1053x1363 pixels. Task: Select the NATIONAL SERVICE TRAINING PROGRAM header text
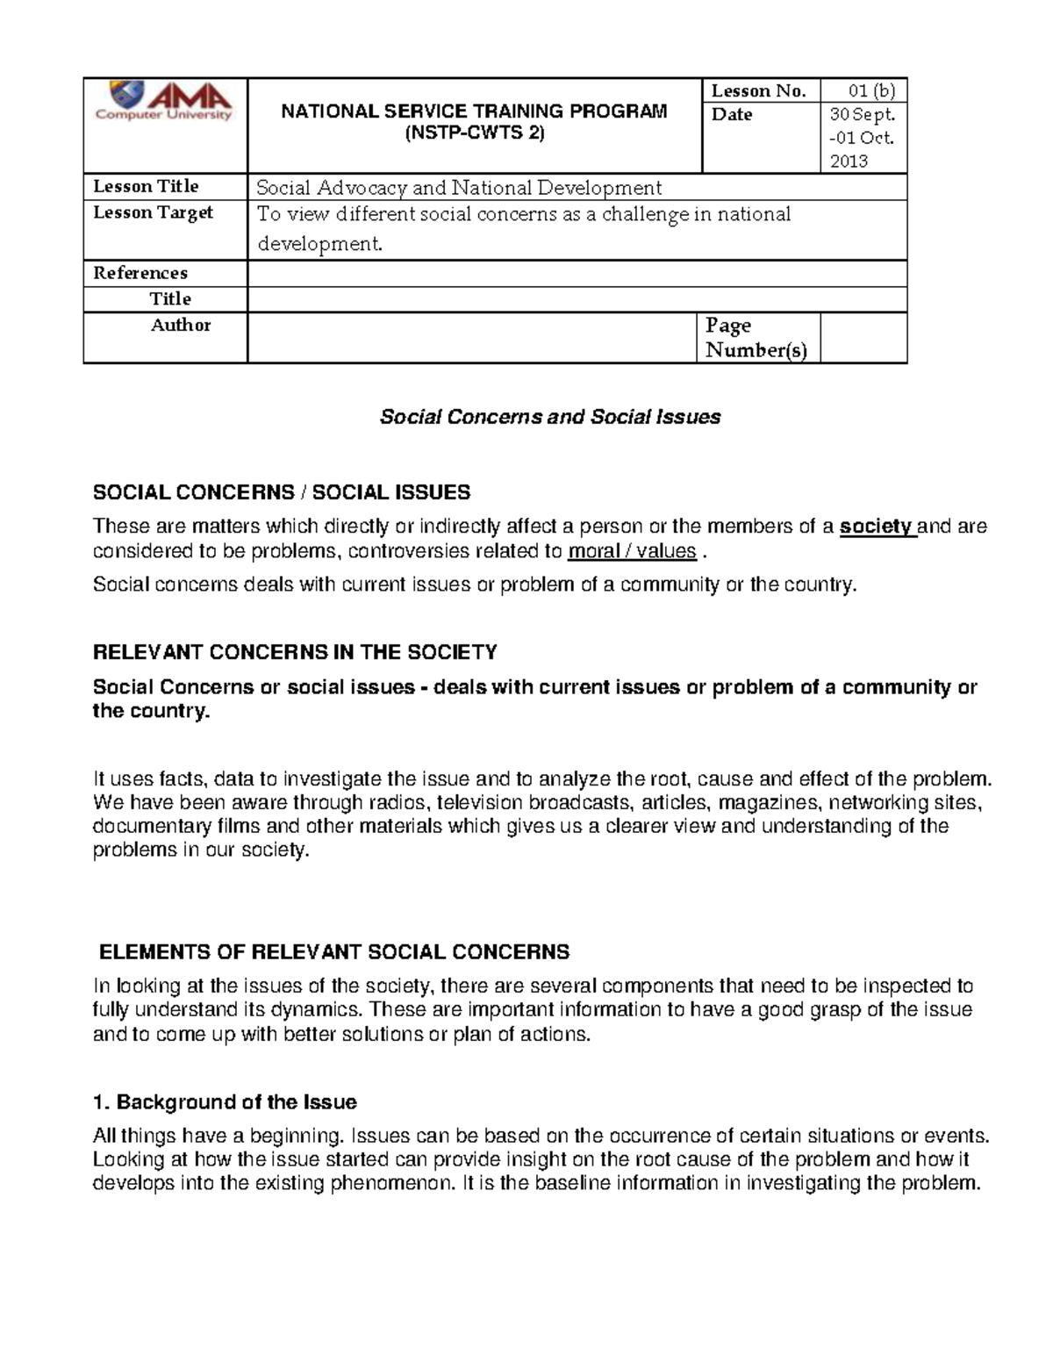coord(473,111)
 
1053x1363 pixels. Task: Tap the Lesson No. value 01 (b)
coord(870,90)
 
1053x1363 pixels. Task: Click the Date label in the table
coord(732,115)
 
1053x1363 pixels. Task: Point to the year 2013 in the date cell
coord(849,161)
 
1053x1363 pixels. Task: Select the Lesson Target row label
coord(153,213)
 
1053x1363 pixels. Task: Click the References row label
coord(140,273)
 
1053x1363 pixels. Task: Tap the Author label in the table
coord(180,326)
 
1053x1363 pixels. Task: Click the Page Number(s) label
coord(756,338)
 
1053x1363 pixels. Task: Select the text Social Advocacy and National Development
coord(458,188)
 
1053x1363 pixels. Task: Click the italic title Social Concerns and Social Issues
coord(549,417)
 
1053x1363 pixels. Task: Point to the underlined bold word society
coord(876,527)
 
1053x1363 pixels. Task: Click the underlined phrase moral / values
coord(632,551)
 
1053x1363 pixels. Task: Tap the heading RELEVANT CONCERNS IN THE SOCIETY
coord(295,652)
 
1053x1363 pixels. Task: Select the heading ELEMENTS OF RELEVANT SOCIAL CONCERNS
coord(334,952)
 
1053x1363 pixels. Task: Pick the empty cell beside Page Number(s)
coord(863,338)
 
